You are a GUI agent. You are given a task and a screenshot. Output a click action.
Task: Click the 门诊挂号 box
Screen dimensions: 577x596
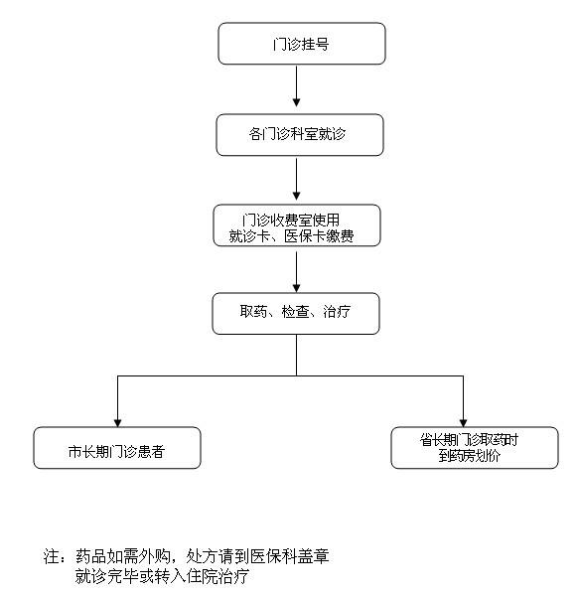[302, 44]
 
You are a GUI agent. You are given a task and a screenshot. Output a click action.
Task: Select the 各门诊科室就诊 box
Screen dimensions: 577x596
[300, 135]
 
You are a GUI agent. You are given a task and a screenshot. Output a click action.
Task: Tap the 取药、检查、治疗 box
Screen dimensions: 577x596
[296, 314]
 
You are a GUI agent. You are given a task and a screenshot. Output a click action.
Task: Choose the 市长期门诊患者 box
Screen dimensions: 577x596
[117, 448]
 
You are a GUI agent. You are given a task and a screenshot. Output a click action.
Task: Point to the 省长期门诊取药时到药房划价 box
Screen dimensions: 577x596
[475, 448]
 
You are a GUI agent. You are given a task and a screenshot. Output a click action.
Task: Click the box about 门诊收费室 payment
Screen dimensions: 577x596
[297, 225]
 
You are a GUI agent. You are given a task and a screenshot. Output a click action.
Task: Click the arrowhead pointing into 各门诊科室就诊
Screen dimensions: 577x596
[297, 102]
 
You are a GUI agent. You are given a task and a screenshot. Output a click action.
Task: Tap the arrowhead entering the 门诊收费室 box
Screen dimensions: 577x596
[297, 196]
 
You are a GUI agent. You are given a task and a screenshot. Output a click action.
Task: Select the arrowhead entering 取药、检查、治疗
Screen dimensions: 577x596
[297, 288]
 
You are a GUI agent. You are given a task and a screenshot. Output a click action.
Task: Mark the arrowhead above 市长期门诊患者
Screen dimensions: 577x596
[118, 423]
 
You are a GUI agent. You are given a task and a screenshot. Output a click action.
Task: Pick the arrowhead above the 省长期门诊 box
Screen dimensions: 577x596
[464, 423]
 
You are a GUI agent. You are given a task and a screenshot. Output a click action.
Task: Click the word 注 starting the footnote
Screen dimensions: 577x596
[51, 556]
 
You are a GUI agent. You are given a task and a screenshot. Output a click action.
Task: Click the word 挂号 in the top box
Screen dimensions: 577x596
[315, 45]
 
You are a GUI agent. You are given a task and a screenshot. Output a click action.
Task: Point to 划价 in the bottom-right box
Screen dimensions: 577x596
[487, 455]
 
